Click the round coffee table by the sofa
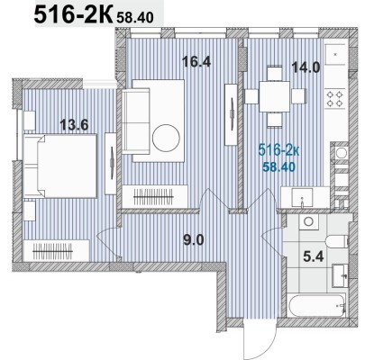click(166, 138)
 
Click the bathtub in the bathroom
click(315, 307)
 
